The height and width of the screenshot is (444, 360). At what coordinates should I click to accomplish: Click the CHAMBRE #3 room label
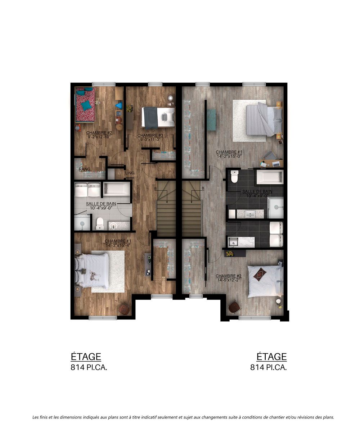[x=150, y=136]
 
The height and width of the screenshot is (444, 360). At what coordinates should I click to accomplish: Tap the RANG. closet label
[x=85, y=169]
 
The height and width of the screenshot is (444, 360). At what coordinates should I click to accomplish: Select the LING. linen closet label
[x=130, y=173]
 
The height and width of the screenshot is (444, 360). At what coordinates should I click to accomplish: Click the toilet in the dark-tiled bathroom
[x=235, y=176]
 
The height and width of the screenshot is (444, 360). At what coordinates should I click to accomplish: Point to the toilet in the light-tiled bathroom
[x=100, y=223]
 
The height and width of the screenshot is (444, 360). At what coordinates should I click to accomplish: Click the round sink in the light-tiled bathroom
[x=113, y=226]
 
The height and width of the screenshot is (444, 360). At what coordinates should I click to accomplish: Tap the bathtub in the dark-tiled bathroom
[x=270, y=177]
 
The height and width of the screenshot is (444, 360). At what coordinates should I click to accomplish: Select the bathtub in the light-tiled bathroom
[x=117, y=189]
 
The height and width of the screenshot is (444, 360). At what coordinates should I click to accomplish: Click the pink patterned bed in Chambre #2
[x=85, y=104]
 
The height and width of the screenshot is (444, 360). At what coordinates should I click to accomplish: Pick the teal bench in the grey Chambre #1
[x=212, y=120]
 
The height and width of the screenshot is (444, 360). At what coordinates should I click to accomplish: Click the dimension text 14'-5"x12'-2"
[x=228, y=280]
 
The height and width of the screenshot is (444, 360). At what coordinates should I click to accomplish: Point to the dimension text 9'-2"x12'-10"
[x=99, y=137]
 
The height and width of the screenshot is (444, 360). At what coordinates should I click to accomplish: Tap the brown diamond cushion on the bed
[x=260, y=274]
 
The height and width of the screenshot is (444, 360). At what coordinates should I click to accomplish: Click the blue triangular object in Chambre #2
[x=119, y=105]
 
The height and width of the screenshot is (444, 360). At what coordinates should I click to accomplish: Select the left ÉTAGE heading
[x=86, y=357]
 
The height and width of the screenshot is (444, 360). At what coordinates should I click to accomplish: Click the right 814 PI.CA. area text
[x=269, y=367]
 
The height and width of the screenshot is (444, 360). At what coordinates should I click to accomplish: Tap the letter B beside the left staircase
[x=156, y=189]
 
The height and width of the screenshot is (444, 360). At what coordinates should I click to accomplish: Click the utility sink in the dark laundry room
[x=233, y=242]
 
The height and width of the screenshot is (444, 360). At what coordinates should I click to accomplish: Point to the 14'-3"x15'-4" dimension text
[x=118, y=245]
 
